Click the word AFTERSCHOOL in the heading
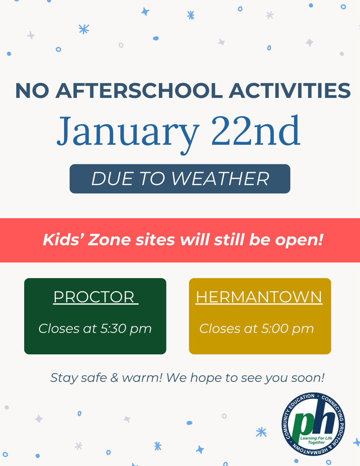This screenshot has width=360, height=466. point(139,91)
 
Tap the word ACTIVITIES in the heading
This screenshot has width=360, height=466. point(289,91)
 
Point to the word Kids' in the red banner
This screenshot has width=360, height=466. point(62,240)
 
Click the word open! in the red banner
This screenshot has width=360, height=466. point(299,240)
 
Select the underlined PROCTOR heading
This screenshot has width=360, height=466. point(95,297)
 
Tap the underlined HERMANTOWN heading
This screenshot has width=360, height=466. point(259,297)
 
